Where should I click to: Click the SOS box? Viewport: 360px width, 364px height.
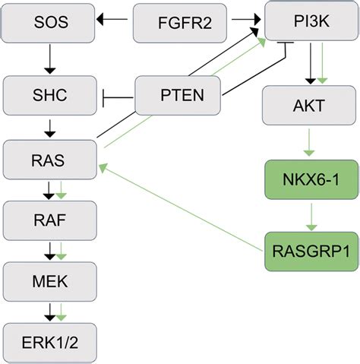tap(48, 23)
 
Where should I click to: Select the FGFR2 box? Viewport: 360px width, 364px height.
tap(180, 23)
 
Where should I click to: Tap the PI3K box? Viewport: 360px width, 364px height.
tap(311, 21)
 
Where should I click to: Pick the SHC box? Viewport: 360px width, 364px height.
tap(50, 96)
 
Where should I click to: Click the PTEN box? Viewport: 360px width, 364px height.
tap(178, 96)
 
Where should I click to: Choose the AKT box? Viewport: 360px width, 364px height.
tap(309, 106)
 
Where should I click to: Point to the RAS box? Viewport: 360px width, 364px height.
tap(50, 160)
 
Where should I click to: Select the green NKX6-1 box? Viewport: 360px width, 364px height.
tap(311, 179)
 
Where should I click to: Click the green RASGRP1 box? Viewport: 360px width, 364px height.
tap(311, 252)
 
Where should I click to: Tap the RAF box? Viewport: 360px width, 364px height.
tap(50, 220)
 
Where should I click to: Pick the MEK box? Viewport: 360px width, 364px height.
tap(50, 282)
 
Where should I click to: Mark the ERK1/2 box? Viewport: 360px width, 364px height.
tap(50, 343)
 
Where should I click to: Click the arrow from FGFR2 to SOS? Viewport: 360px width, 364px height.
tap(112, 19)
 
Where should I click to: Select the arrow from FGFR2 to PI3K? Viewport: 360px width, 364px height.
tap(246, 19)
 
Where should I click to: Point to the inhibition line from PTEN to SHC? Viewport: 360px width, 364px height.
tap(118, 97)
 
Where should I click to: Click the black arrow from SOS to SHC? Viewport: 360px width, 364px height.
tap(50, 59)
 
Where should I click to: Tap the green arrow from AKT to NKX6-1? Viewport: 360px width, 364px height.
tap(309, 142)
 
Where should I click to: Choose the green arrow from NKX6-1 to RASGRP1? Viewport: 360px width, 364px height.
tap(311, 217)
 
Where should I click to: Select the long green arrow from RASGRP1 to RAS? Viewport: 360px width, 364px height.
tap(181, 207)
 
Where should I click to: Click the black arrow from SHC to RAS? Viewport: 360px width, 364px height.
tap(50, 128)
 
